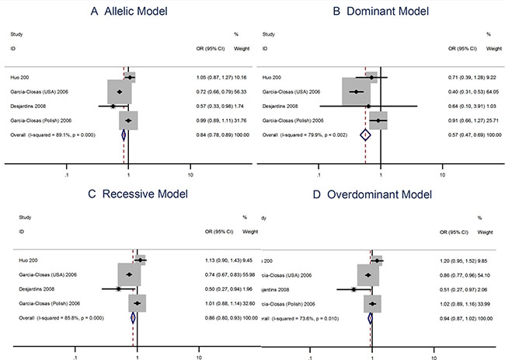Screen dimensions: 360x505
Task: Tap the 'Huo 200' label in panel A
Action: click(22, 77)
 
